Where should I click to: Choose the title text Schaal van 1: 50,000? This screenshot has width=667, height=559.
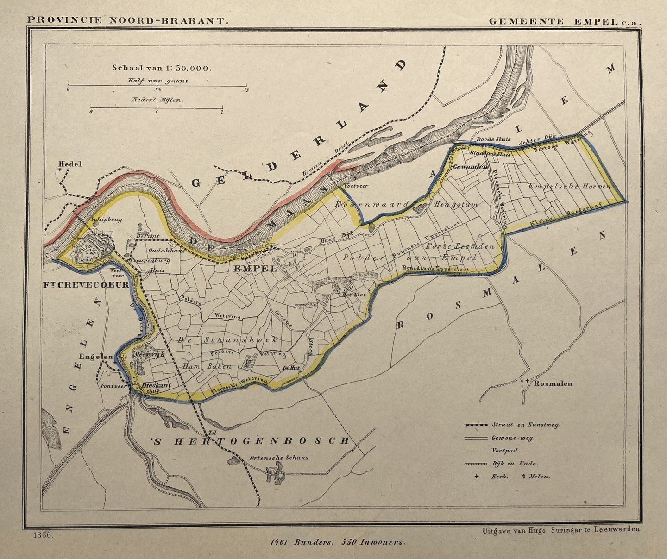tap(162, 68)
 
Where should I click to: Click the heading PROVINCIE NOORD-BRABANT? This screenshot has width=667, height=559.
tap(128, 20)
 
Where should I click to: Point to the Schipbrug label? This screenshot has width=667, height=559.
tap(107, 220)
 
